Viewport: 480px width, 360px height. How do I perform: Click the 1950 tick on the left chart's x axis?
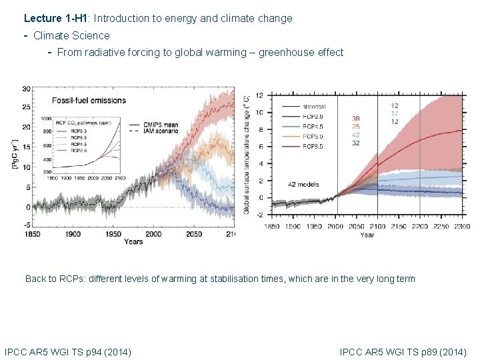point(113,234)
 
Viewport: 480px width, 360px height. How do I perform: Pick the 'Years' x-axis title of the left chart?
point(133,241)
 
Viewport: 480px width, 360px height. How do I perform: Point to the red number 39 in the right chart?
point(356,118)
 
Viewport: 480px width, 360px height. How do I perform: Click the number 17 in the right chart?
point(395,113)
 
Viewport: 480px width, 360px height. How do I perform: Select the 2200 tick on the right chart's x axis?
point(419,227)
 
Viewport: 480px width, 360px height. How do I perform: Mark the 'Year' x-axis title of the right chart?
point(367,235)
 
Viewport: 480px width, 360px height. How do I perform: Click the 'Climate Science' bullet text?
point(71,35)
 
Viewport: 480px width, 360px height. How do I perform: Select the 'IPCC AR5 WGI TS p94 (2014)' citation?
point(67,351)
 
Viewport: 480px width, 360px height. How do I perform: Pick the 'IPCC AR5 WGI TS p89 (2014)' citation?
point(403,351)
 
